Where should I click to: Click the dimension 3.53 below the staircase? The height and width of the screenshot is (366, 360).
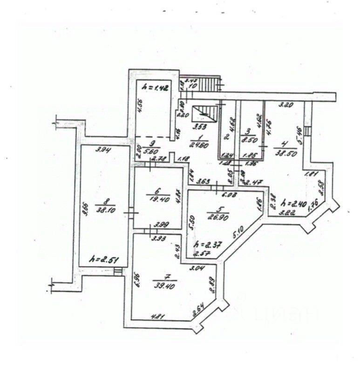[201, 126]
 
